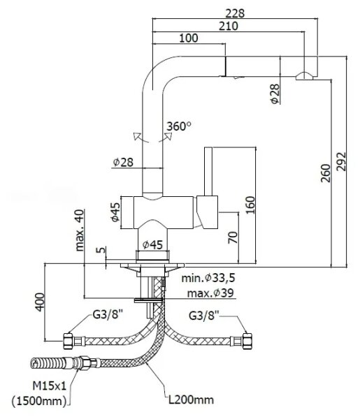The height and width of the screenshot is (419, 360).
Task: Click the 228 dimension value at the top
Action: point(235,13)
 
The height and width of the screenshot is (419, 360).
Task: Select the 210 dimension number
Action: point(229,27)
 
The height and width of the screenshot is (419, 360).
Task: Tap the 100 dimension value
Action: point(189,38)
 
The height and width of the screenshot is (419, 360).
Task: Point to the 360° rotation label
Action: point(179,126)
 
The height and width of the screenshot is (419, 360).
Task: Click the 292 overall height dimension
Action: point(341,161)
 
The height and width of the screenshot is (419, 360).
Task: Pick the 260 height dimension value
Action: point(326,173)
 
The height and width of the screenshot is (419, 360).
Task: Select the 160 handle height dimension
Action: point(251,205)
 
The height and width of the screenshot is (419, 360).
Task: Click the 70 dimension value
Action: point(233,237)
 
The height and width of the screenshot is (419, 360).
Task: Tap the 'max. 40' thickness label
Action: point(80,230)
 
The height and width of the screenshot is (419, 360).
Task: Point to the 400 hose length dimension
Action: point(40,302)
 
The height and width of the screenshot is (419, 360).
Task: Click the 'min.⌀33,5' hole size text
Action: point(208,278)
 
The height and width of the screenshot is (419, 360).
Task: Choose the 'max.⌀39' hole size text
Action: point(210,293)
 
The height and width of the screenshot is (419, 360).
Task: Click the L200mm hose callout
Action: point(191,400)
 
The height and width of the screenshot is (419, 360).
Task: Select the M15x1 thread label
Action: point(49,385)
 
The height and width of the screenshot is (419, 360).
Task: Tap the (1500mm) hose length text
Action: point(39,401)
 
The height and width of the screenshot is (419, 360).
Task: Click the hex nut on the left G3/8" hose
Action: point(69,341)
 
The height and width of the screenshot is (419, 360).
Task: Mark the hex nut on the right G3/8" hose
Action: point(247,341)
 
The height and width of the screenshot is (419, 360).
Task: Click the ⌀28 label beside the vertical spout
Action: point(123,162)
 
